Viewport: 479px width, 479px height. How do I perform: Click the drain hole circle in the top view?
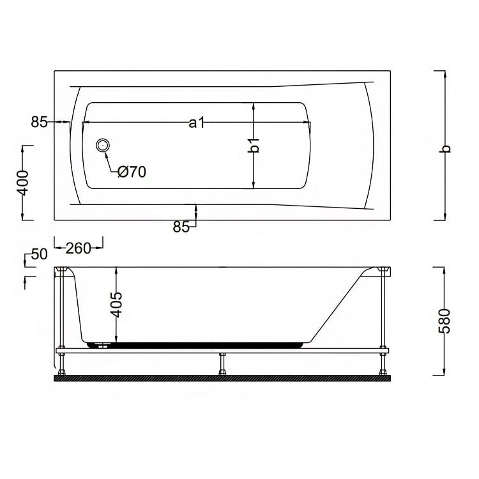103,145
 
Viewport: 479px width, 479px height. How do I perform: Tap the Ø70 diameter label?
132,172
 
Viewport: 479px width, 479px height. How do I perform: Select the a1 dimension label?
197,123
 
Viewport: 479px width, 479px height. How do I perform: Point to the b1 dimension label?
254,145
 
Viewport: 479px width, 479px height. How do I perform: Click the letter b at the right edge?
446,148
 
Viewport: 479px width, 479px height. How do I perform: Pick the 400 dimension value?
23,183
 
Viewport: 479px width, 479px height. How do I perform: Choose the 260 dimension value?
79,248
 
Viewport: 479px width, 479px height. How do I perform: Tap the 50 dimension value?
40,254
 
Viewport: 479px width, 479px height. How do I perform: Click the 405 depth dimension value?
116,304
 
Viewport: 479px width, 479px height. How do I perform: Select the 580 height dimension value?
445,321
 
